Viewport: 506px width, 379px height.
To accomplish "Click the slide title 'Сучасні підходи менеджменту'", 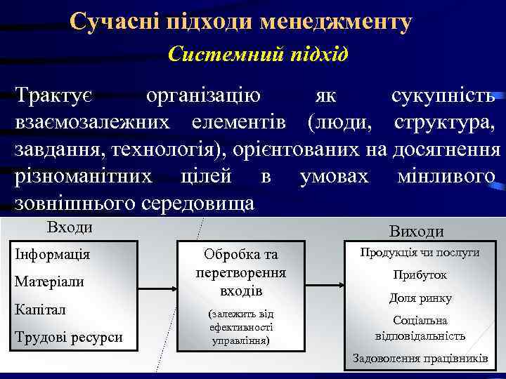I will coord(240,22).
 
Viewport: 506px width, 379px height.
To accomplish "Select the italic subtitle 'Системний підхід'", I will coord(258,54).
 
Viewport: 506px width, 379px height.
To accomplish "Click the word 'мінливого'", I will coord(446,176).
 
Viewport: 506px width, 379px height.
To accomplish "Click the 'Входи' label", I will coord(70,227).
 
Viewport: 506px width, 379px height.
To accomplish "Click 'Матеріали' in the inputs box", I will coord(49,281).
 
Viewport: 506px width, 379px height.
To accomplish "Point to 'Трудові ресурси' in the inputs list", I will coord(69,337).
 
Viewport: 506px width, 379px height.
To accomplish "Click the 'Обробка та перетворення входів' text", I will coord(241,272).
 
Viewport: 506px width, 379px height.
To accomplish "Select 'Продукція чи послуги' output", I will coord(420,252).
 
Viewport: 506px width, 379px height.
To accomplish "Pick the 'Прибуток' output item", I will coord(420,275).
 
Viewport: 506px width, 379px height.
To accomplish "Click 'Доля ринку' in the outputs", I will coord(420,298).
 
